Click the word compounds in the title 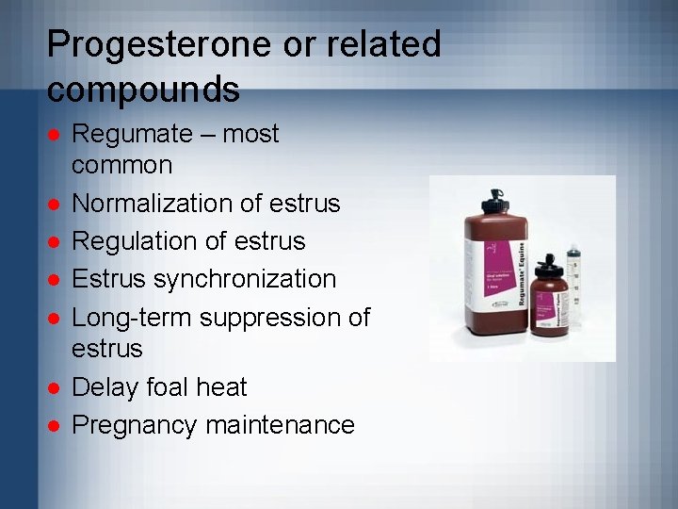(143, 90)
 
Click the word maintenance (280, 425)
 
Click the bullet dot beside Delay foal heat (55, 387)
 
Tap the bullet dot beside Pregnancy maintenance (55, 426)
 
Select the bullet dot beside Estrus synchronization (55, 280)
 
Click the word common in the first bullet (122, 165)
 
